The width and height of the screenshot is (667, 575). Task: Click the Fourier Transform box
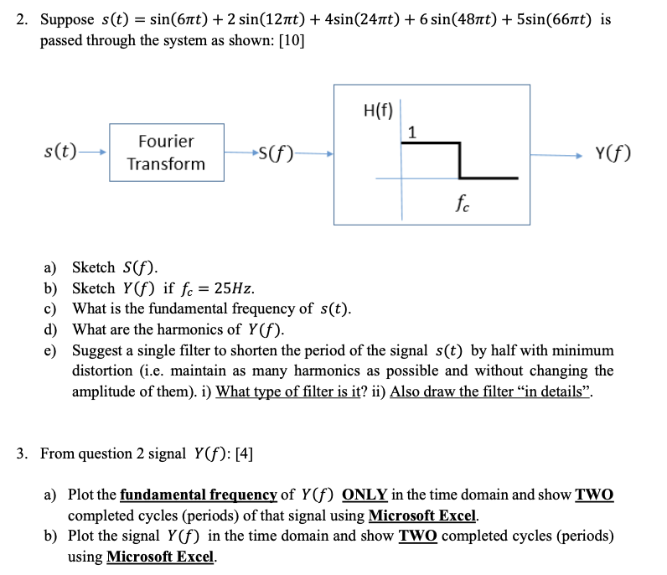[x=166, y=153]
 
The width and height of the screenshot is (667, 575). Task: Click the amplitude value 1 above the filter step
[x=411, y=131]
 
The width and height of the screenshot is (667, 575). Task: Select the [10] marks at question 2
[x=290, y=41]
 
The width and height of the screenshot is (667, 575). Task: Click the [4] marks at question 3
[x=240, y=453]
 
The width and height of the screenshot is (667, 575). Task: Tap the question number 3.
[x=22, y=453]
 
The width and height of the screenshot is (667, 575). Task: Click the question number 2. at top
[x=22, y=19]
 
